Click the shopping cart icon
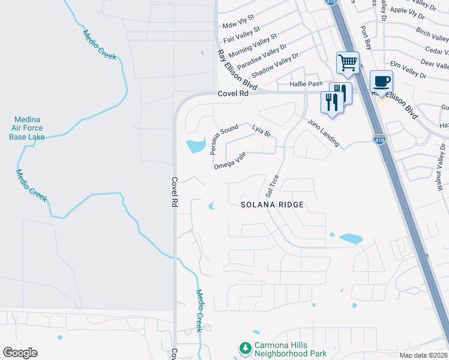(x=348, y=62)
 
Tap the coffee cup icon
(x=381, y=81)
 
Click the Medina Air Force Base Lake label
(x=26, y=128)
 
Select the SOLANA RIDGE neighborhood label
(x=273, y=205)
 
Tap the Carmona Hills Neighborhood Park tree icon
(x=245, y=348)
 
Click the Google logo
(x=20, y=353)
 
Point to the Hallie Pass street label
(x=307, y=84)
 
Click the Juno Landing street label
(x=324, y=133)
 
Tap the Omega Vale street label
(x=230, y=160)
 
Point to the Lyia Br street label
(x=262, y=131)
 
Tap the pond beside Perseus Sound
(x=196, y=145)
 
